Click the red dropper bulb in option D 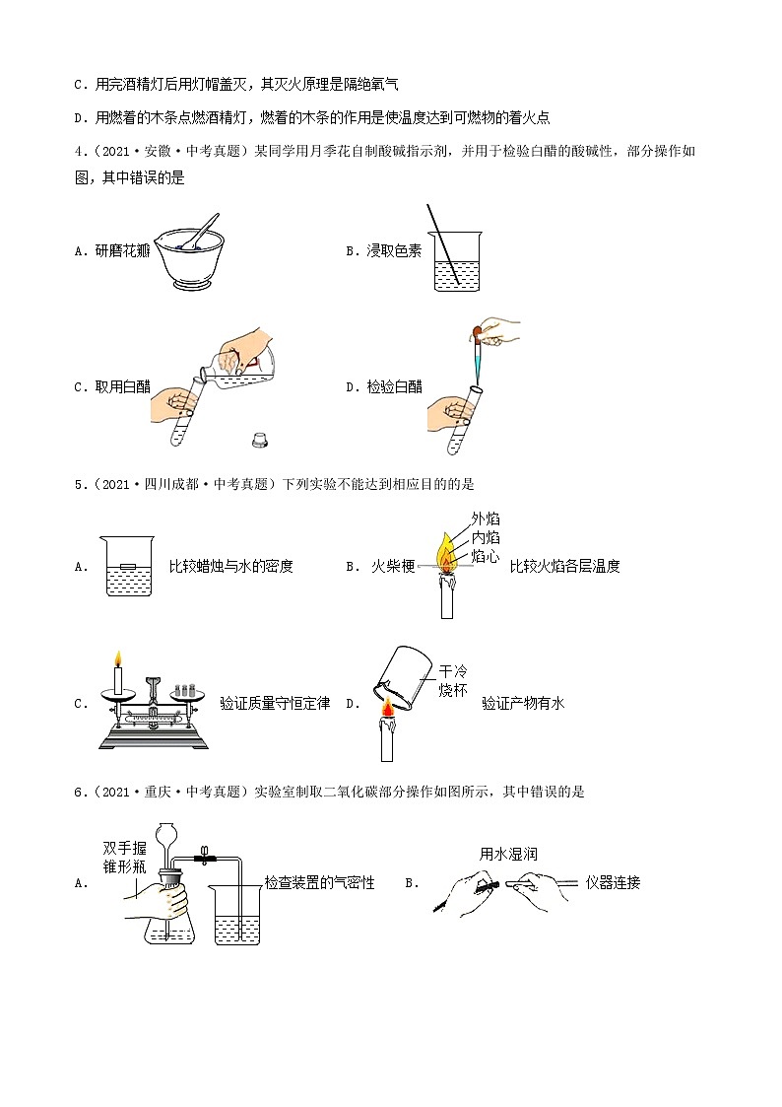coord(477,331)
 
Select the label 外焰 coord(486,519)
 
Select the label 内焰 coord(486,537)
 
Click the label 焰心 coord(486,557)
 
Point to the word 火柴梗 coord(392,566)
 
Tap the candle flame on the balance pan coord(118,658)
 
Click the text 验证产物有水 coord(523,703)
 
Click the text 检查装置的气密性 coord(320,882)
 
